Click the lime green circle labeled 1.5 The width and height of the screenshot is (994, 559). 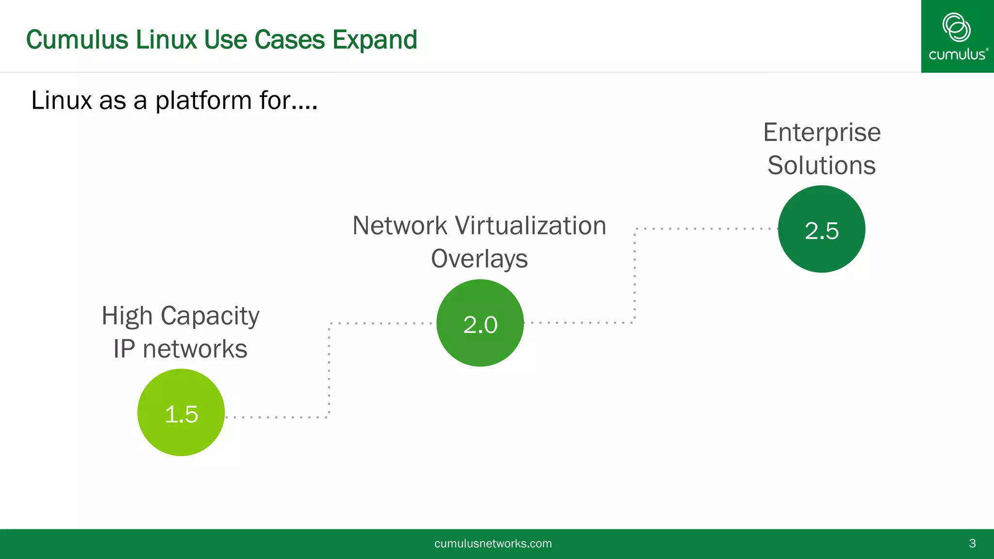[x=181, y=412]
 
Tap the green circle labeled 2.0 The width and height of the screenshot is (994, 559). [x=480, y=323]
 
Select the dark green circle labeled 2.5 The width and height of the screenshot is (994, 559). [x=821, y=229]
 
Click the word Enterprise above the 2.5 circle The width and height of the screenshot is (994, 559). [x=822, y=132]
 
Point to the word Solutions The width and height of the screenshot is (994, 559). [x=821, y=165]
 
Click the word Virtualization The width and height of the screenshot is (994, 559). [x=530, y=226]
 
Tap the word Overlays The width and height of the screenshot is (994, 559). [x=479, y=259]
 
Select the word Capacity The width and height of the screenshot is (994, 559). [x=210, y=316]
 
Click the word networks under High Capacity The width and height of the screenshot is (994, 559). [x=195, y=349]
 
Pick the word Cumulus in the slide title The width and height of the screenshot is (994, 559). [x=77, y=40]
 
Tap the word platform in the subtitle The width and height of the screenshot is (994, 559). [x=203, y=101]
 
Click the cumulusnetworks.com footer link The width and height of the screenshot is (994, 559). [x=493, y=543]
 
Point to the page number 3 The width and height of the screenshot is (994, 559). [x=972, y=543]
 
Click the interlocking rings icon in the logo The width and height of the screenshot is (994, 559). [x=956, y=27]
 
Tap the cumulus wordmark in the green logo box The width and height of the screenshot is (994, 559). [x=957, y=54]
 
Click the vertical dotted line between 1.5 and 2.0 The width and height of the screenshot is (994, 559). [x=329, y=370]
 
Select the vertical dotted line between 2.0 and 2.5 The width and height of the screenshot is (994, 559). [x=634, y=276]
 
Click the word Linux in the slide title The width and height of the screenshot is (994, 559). [x=166, y=40]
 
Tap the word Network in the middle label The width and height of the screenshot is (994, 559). [x=399, y=226]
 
